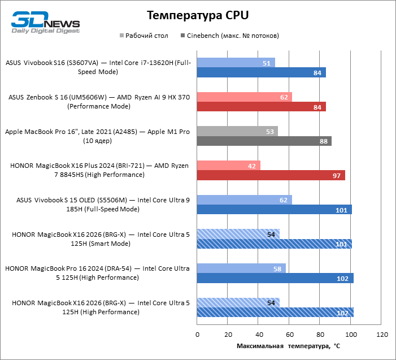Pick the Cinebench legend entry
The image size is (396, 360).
[x=229, y=36]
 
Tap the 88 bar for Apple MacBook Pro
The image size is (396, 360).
[x=264, y=141]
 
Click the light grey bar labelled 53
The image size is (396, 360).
[x=237, y=131]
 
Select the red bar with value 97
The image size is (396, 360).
[x=271, y=175]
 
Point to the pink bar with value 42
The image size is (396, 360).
[x=229, y=166]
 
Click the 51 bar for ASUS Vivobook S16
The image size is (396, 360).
[x=236, y=63]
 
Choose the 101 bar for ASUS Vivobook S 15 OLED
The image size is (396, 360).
[x=274, y=210]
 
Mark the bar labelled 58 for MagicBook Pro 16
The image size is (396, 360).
[x=241, y=268]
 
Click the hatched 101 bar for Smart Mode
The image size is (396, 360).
[x=274, y=244]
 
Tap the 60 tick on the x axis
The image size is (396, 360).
[x=289, y=335]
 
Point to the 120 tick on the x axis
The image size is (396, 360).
[x=381, y=335]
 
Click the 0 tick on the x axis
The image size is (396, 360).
[x=197, y=335]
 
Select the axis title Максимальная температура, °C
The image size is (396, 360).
[x=288, y=345]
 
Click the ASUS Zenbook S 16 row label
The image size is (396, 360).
[x=99, y=102]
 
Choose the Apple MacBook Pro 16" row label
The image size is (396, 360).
[x=97, y=136]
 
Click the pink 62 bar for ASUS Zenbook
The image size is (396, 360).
[x=244, y=97]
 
